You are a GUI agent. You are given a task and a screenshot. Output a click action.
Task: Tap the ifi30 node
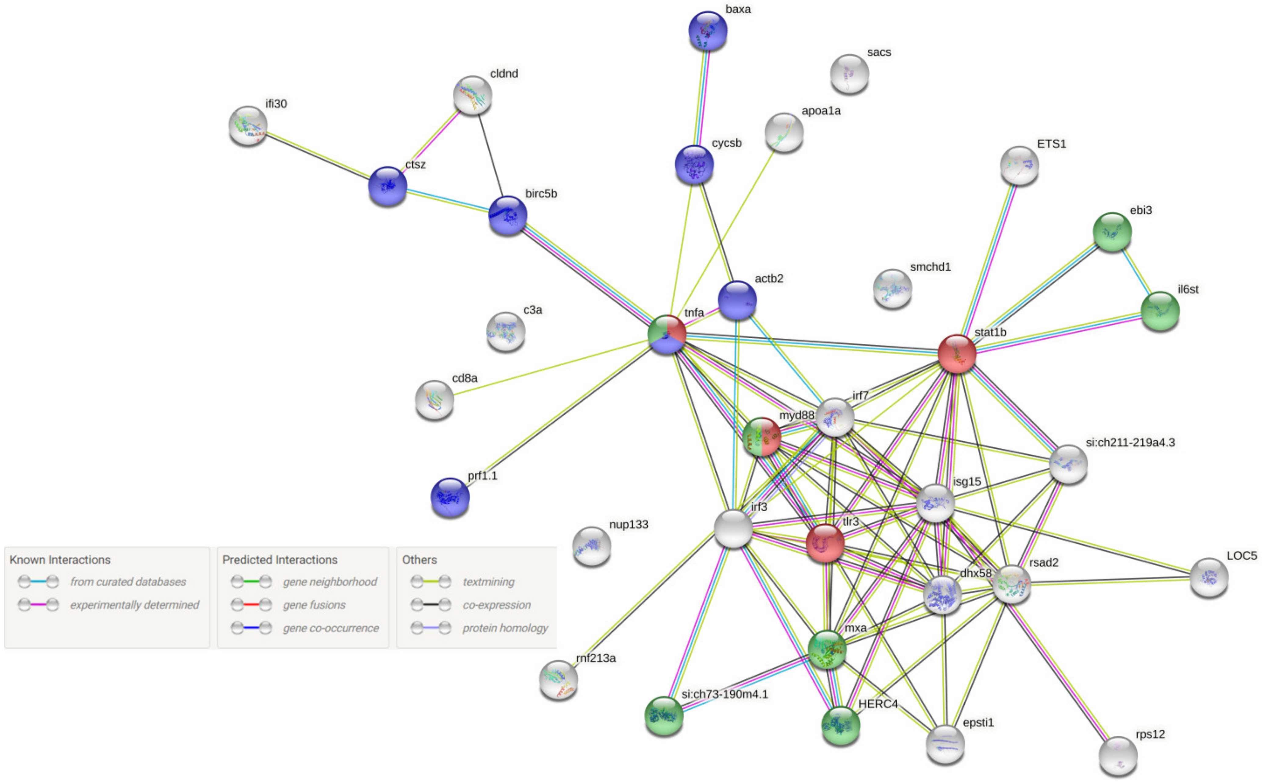pyautogui.click(x=248, y=126)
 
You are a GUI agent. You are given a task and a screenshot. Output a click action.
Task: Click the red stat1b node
pyautogui.click(x=956, y=354)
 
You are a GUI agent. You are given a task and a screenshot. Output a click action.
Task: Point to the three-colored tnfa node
pyautogui.click(x=667, y=335)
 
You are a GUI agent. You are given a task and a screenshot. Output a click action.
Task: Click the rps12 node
pyautogui.click(x=1117, y=755)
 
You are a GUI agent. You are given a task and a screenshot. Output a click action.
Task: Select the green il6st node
pyautogui.click(x=1160, y=311)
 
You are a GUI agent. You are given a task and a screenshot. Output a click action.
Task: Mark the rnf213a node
pyautogui.click(x=558, y=680)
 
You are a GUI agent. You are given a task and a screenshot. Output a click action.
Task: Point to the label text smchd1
pyautogui.click(x=930, y=267)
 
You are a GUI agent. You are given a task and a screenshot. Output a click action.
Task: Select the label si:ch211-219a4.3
pyautogui.click(x=1130, y=442)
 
